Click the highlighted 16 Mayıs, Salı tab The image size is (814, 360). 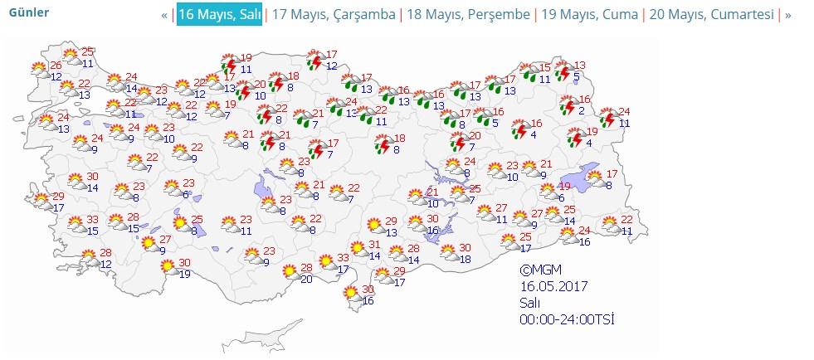pyautogui.click(x=219, y=15)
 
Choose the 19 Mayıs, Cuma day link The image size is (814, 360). pyautogui.click(x=589, y=15)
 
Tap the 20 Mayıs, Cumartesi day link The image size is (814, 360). pyautogui.click(x=711, y=15)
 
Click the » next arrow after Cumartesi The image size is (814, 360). pyautogui.click(x=787, y=15)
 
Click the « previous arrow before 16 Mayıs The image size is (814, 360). pyautogui.click(x=165, y=15)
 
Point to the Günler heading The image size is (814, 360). pyautogui.click(x=28, y=12)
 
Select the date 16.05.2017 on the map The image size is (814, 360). pyautogui.click(x=553, y=287)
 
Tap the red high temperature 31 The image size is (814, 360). pyautogui.click(x=374, y=245)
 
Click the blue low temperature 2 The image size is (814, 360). pyautogui.click(x=582, y=111)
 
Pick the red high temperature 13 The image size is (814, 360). pyautogui.click(x=580, y=66)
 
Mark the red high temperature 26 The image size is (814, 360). pyautogui.click(x=56, y=66)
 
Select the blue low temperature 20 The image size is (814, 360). pyautogui.click(x=305, y=279)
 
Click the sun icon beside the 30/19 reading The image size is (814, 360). pyautogui.click(x=168, y=266)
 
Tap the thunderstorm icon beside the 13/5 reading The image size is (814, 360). pyautogui.click(x=563, y=72)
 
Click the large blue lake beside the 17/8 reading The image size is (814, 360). pyautogui.click(x=581, y=178)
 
